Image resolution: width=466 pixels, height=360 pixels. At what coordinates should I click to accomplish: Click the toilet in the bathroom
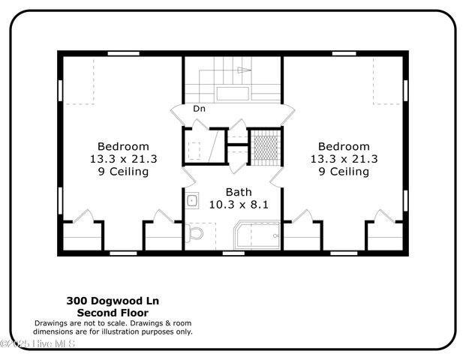(195, 235)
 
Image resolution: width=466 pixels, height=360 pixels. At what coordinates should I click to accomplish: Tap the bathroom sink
(192, 200)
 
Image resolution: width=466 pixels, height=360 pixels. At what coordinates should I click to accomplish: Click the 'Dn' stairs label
(199, 109)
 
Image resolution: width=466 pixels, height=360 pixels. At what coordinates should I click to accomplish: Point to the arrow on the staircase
(242, 70)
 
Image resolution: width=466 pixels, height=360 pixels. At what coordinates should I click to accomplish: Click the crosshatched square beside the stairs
(264, 145)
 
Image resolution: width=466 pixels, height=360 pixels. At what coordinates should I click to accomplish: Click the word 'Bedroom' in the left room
(123, 146)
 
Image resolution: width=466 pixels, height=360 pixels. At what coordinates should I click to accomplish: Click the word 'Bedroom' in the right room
(344, 146)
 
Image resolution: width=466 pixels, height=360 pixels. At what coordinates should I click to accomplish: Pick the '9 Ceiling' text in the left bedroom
(123, 172)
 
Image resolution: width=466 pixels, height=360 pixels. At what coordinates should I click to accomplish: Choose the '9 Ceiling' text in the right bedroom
(344, 172)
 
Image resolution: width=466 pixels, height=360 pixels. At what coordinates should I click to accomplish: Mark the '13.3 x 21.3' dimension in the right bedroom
(344, 159)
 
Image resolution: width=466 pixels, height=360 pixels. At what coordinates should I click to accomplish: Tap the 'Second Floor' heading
(113, 312)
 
